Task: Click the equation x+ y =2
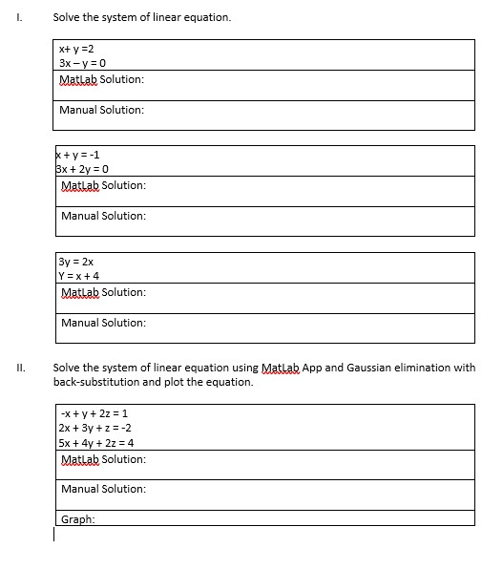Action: point(76,49)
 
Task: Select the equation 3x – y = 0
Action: point(85,63)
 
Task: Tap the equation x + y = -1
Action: point(78,155)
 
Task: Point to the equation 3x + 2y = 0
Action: point(85,169)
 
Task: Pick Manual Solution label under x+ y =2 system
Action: point(101,110)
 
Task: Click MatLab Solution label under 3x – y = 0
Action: point(101,78)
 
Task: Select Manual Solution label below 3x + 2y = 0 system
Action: point(103,216)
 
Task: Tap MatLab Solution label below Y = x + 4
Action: point(103,291)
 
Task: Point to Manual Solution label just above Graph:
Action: point(103,489)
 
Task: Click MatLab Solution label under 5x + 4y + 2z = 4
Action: point(103,459)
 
